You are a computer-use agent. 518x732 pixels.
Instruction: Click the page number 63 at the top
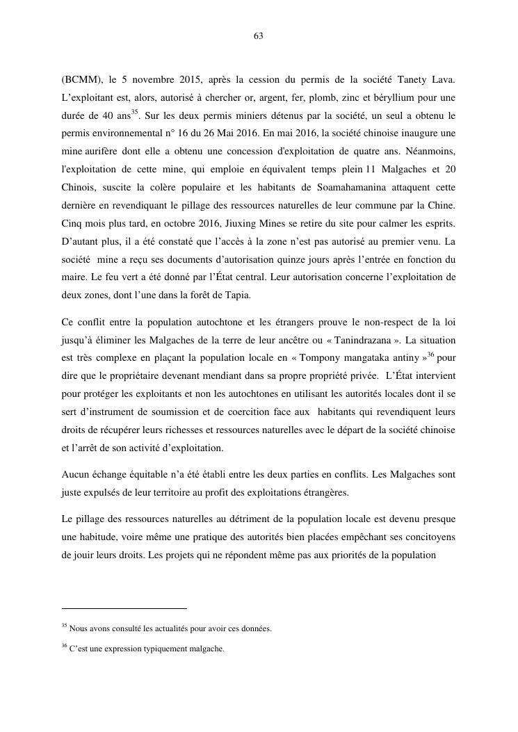point(259,36)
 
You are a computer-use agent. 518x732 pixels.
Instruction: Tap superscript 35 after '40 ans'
point(135,111)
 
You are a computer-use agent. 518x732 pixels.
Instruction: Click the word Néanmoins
point(430,152)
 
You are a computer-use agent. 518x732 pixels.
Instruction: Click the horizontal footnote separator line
point(124,608)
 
